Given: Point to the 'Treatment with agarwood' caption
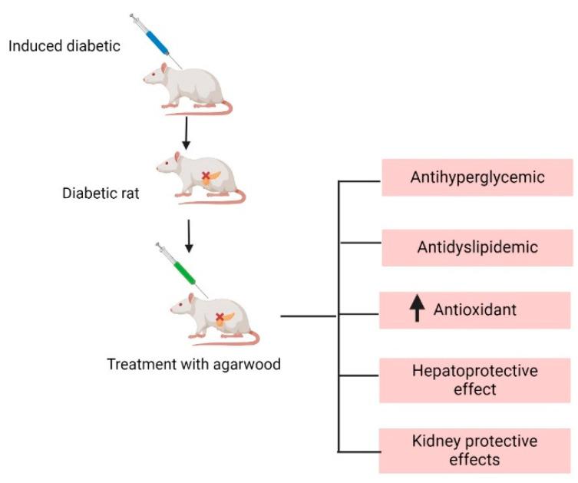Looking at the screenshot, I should tap(193, 364).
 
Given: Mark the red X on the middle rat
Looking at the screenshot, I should tap(206, 176).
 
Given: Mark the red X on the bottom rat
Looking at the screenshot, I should tap(220, 316).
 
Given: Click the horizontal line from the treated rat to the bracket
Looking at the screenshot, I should tap(307, 316).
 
